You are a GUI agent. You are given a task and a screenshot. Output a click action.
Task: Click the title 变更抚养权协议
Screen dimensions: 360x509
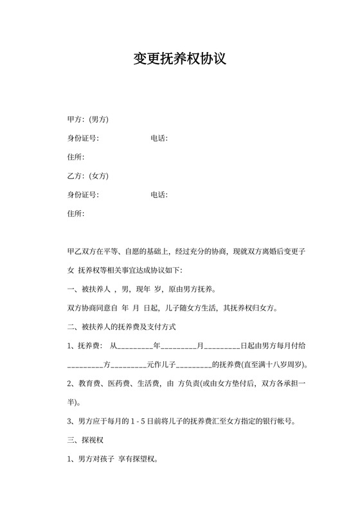179,60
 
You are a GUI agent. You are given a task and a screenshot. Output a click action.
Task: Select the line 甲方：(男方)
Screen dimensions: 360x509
88,120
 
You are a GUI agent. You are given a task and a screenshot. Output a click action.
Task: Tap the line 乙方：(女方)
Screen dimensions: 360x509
88,176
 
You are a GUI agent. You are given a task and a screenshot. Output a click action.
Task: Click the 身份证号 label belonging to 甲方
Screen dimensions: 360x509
83,138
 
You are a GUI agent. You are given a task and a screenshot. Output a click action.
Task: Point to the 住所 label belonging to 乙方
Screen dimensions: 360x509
76,213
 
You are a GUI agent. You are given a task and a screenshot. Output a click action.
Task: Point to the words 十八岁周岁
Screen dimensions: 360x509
282,365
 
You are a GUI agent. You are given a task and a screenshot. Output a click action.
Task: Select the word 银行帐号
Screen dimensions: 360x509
278,422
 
